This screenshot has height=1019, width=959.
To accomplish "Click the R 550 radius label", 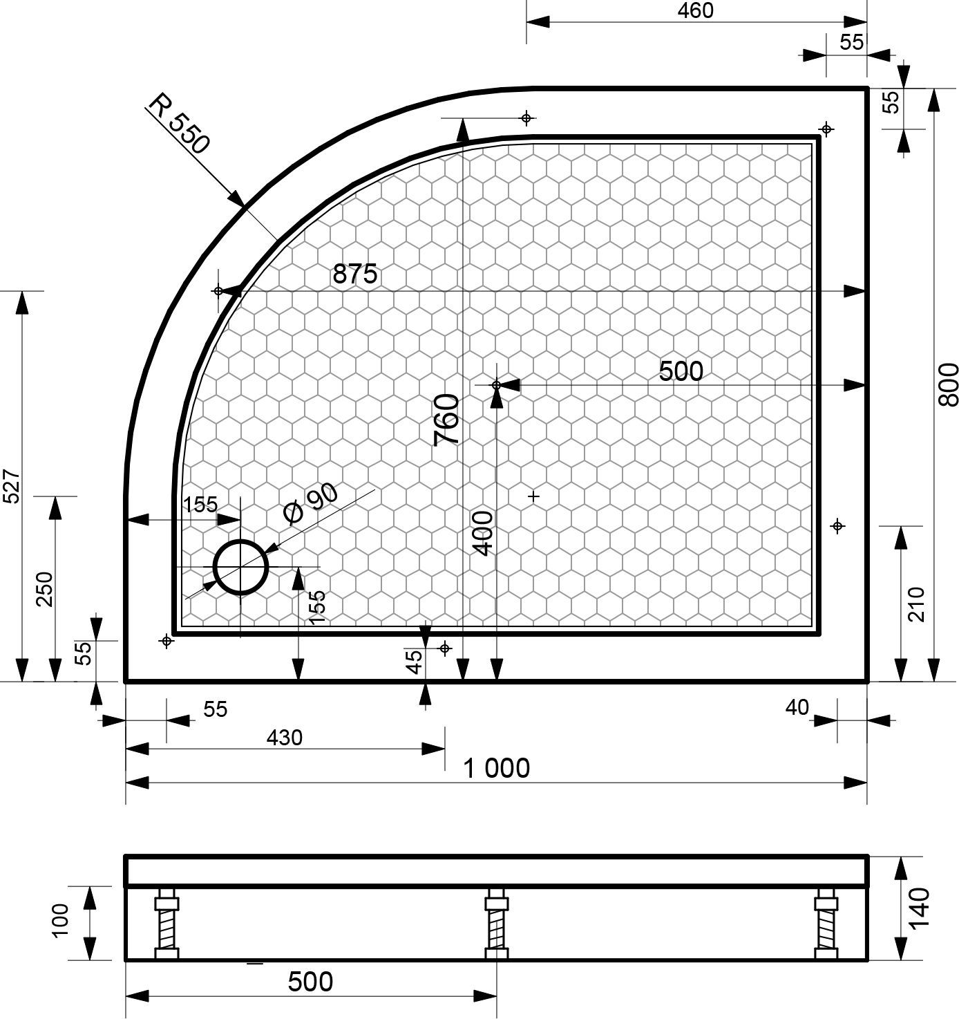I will (178, 123).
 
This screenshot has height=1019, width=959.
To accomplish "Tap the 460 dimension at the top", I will (695, 10).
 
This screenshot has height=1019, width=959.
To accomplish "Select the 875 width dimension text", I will (355, 274).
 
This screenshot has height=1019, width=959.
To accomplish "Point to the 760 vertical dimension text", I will (447, 419).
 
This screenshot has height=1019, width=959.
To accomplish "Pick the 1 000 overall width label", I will (497, 768).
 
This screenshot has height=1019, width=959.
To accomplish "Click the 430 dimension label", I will (285, 738).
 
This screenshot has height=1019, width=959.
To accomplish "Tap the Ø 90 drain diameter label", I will (311, 503).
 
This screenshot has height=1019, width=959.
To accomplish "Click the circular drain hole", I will (240, 568).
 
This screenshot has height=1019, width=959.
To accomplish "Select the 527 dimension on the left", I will (12, 487).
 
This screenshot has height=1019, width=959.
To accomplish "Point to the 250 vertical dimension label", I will (44, 589).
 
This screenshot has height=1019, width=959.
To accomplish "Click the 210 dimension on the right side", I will (916, 604).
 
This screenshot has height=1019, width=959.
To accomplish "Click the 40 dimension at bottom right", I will (797, 707).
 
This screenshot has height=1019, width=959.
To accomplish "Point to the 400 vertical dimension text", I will (484, 533).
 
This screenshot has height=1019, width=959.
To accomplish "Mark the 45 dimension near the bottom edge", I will (414, 662).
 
